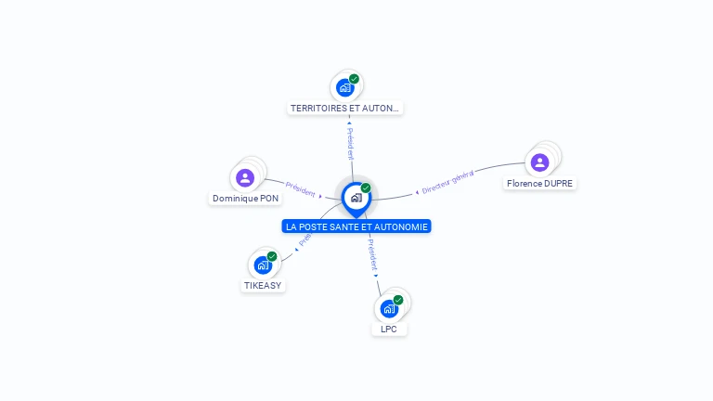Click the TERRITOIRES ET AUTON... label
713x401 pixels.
pyautogui.click(x=345, y=108)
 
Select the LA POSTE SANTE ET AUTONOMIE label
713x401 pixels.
pyautogui.click(x=357, y=226)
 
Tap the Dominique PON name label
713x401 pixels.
pyautogui.click(x=245, y=198)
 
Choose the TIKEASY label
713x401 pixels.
pyautogui.click(x=263, y=285)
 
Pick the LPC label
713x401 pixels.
pyautogui.click(x=389, y=329)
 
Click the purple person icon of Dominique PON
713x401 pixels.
pyautogui.click(x=245, y=177)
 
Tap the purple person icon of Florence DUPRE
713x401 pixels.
pyautogui.click(x=539, y=162)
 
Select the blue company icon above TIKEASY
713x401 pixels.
pyautogui.click(x=263, y=265)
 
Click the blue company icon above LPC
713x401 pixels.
pyautogui.click(x=389, y=308)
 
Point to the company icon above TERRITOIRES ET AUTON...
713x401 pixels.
pyautogui.click(x=345, y=88)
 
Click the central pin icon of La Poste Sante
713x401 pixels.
pyautogui.click(x=356, y=198)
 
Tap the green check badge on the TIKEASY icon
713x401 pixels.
pyautogui.click(x=272, y=256)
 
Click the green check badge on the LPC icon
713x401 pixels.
pyautogui.click(x=398, y=300)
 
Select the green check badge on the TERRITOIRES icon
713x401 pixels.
pyautogui.click(x=354, y=79)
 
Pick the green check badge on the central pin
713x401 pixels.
pyautogui.click(x=366, y=188)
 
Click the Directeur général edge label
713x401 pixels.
pyautogui.click(x=447, y=182)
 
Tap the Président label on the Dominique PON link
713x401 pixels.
pyautogui.click(x=301, y=188)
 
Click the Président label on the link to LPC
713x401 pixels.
pyautogui.click(x=371, y=253)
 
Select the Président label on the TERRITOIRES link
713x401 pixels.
pyautogui.click(x=350, y=141)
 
